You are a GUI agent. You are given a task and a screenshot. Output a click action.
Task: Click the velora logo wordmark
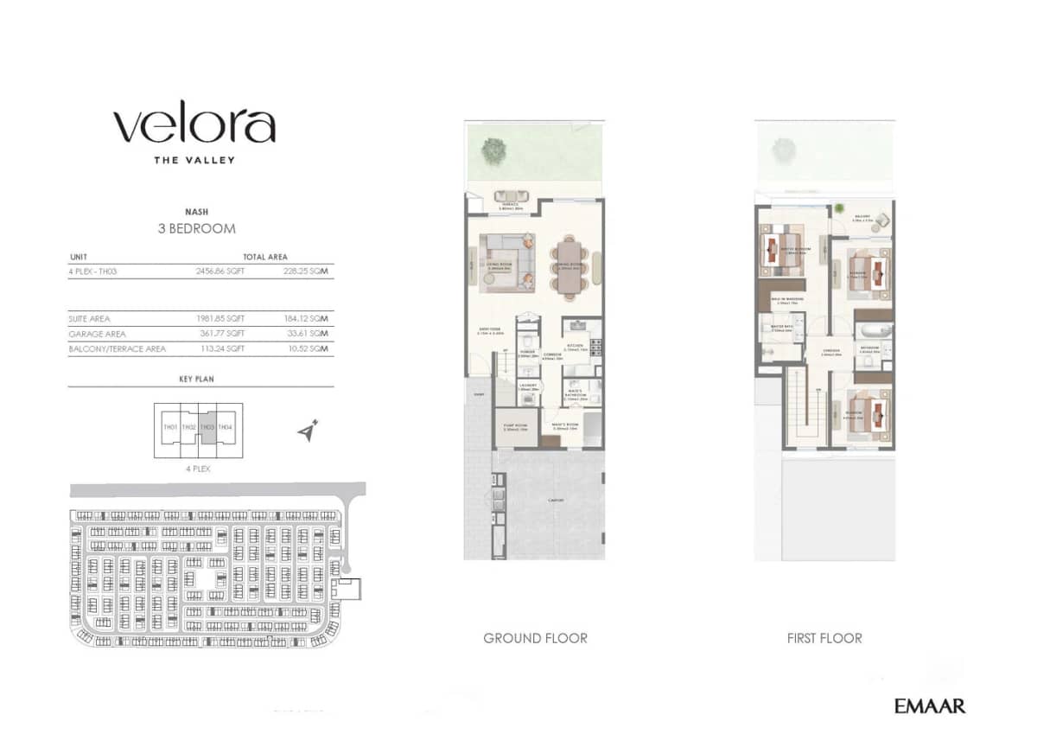pos(194,126)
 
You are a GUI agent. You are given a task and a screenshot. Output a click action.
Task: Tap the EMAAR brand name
pos(929,705)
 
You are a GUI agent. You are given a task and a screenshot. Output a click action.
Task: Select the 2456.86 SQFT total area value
pos(220,271)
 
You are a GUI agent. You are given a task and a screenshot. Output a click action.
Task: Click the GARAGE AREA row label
pos(97,334)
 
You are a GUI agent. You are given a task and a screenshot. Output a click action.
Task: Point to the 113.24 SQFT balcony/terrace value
pos(220,349)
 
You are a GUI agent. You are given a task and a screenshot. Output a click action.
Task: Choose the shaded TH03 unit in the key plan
pos(207,428)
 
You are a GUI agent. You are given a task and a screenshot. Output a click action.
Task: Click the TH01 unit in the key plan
pos(169,428)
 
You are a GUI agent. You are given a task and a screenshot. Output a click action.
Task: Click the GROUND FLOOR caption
pos(535,638)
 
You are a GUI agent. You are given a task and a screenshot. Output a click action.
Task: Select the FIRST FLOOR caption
pos(824,638)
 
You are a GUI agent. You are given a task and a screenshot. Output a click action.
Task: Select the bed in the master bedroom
pos(781,248)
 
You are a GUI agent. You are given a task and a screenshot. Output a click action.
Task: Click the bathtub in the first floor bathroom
pos(873,331)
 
